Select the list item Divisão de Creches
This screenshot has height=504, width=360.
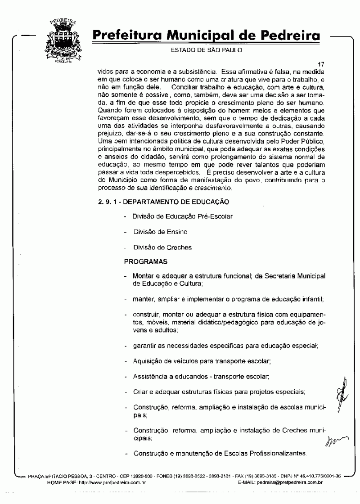click(x=162, y=247)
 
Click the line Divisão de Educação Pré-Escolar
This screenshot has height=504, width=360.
click(x=182, y=216)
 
